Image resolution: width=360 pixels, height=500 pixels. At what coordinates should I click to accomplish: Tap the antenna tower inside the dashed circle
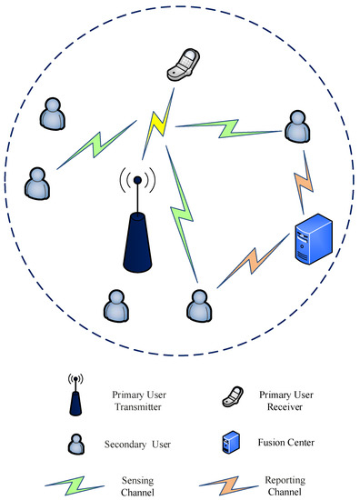[137, 227]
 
